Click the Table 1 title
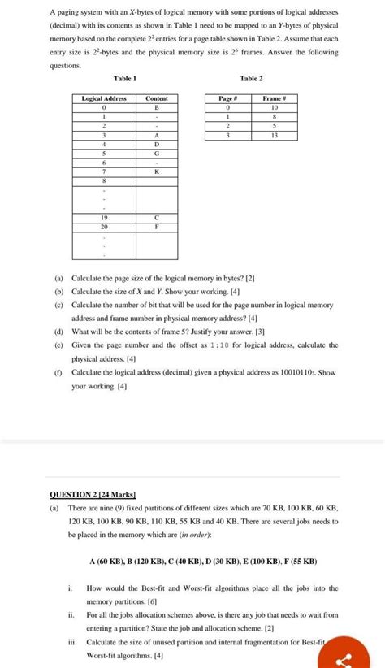tap(125, 78)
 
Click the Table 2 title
tap(251, 78)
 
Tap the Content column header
tap(157, 98)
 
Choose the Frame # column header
tap(275, 98)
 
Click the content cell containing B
tap(157, 107)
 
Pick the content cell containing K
tap(157, 171)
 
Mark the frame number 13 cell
tap(275, 135)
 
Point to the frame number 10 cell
tap(275, 107)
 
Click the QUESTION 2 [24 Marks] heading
tap(93, 494)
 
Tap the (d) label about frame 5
tap(58, 332)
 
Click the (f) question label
tap(58, 372)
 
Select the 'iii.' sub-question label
tap(71, 641)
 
